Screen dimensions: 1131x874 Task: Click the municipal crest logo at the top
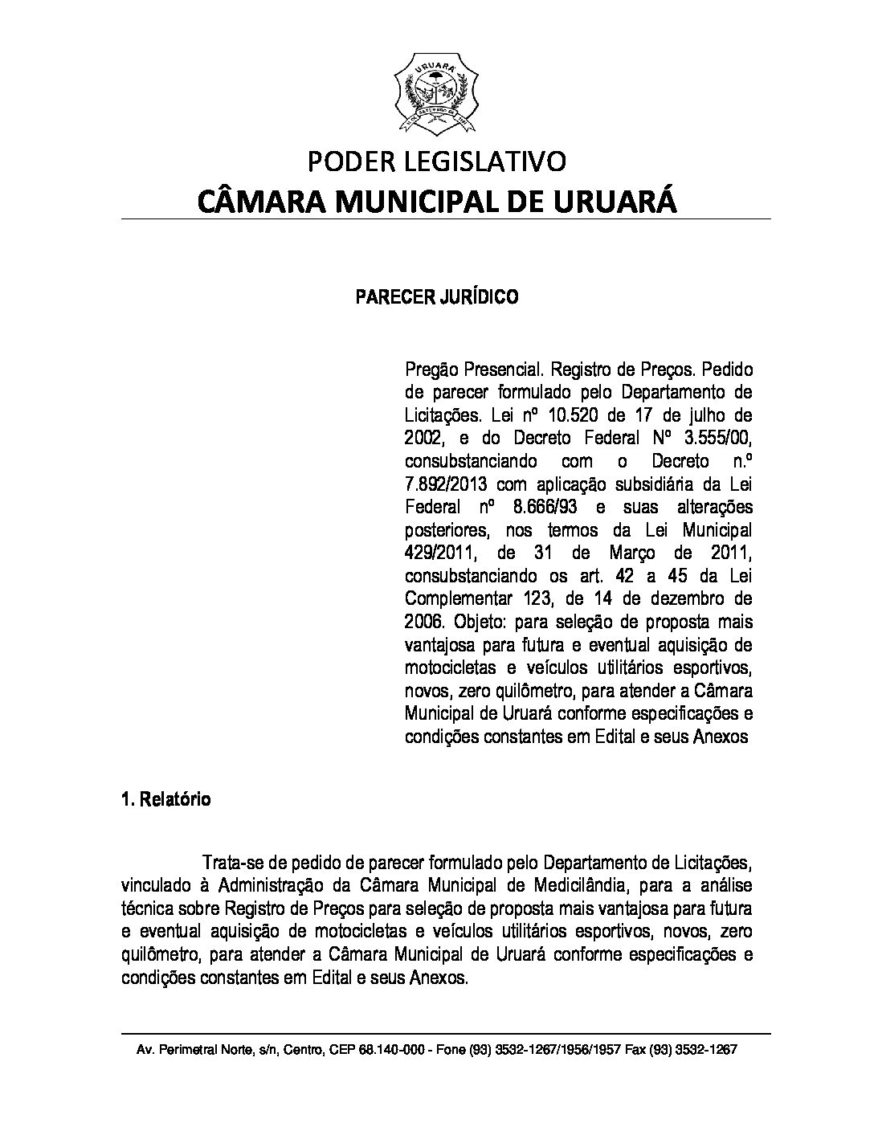[x=437, y=93]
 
